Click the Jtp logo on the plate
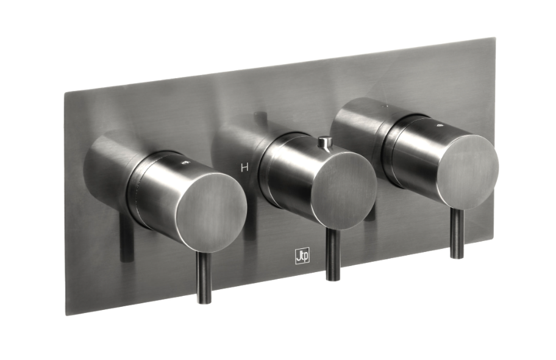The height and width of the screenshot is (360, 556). (x=301, y=257)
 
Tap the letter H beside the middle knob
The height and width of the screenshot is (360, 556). (x=244, y=168)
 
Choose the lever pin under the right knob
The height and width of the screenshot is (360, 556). (x=457, y=232)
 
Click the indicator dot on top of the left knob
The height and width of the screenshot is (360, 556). (x=184, y=164)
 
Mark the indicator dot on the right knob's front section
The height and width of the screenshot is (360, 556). (x=441, y=124)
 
